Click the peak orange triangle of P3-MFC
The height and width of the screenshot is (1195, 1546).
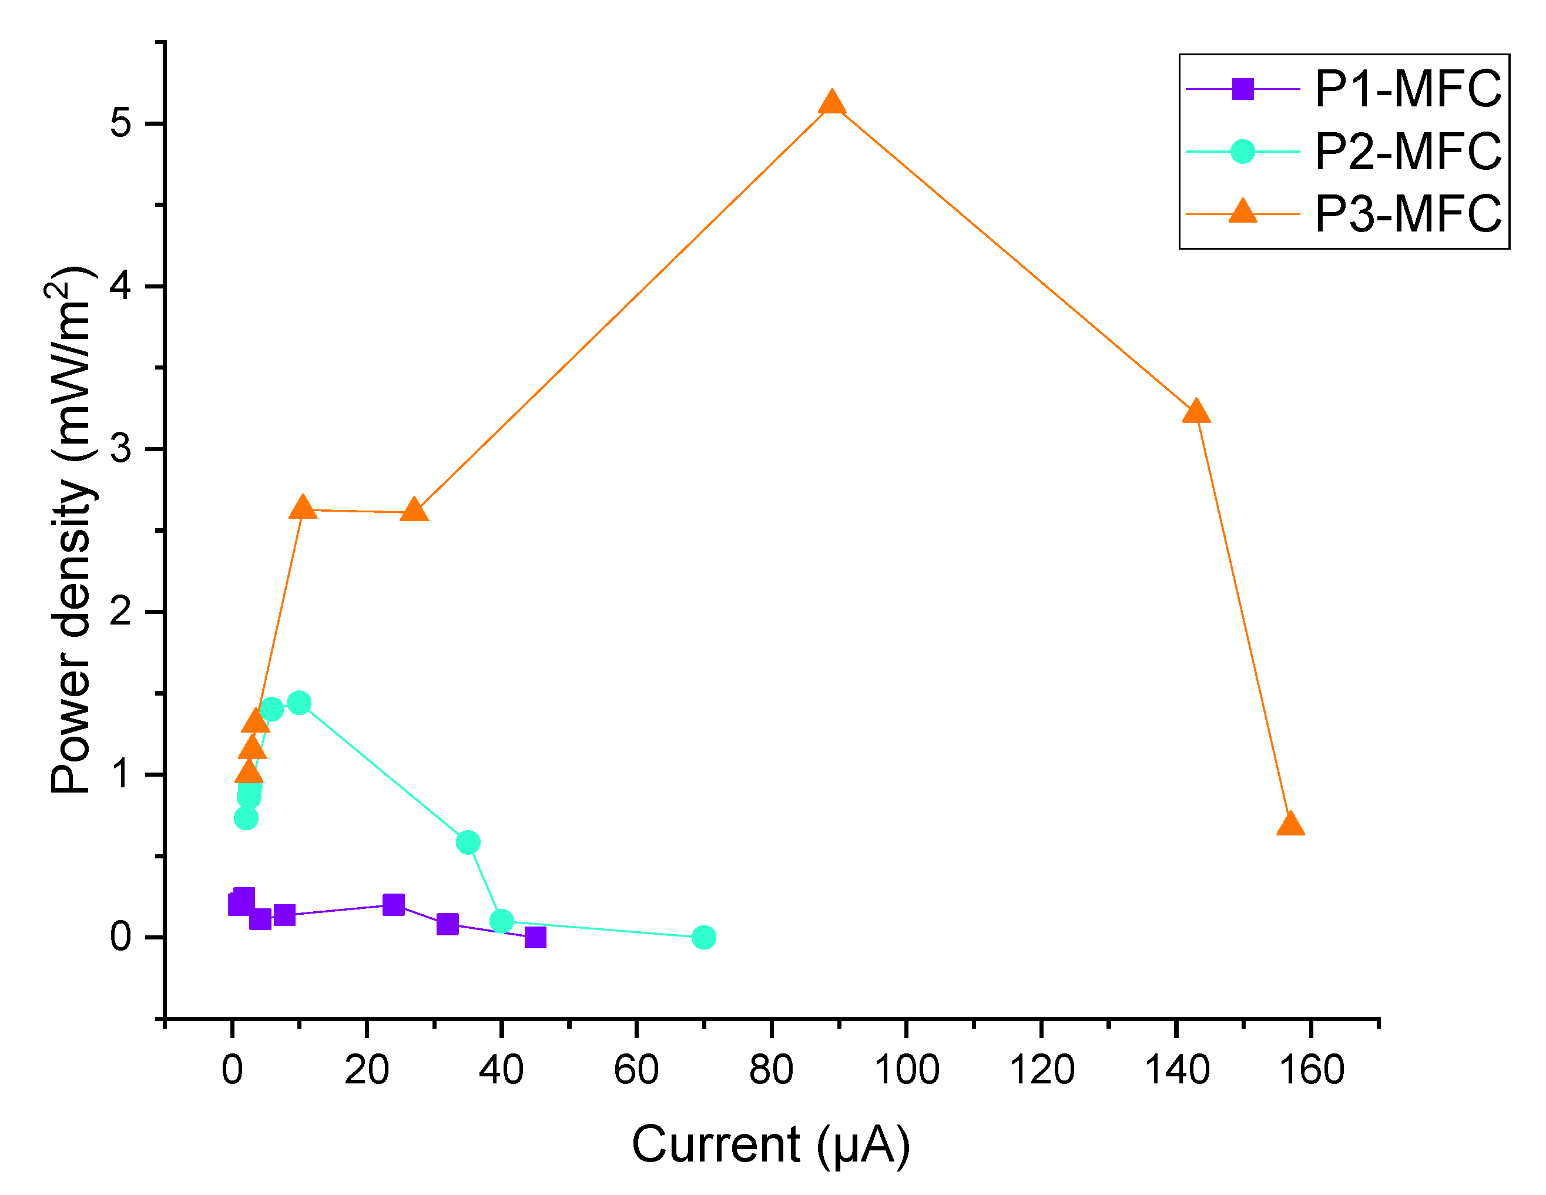tap(831, 103)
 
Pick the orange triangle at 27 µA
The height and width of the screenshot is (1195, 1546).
tap(414, 511)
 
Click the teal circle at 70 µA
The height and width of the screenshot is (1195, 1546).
tap(703, 937)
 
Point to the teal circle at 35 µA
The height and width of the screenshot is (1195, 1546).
tap(468, 842)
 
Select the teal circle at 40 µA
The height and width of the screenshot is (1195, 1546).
tap(501, 921)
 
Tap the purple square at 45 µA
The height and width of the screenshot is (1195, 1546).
tap(535, 937)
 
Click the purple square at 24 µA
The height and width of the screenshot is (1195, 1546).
tap(394, 905)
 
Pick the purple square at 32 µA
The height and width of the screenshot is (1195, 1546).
tap(447, 924)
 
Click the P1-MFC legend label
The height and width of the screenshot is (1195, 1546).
tap(1408, 89)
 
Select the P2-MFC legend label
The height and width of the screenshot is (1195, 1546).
tap(1408, 152)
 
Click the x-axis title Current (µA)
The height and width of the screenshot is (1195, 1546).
tap(771, 1144)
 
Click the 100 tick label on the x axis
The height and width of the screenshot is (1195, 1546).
tap(906, 1070)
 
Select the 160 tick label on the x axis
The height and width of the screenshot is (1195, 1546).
tap(1311, 1070)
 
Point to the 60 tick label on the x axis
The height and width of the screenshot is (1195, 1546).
tap(636, 1070)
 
